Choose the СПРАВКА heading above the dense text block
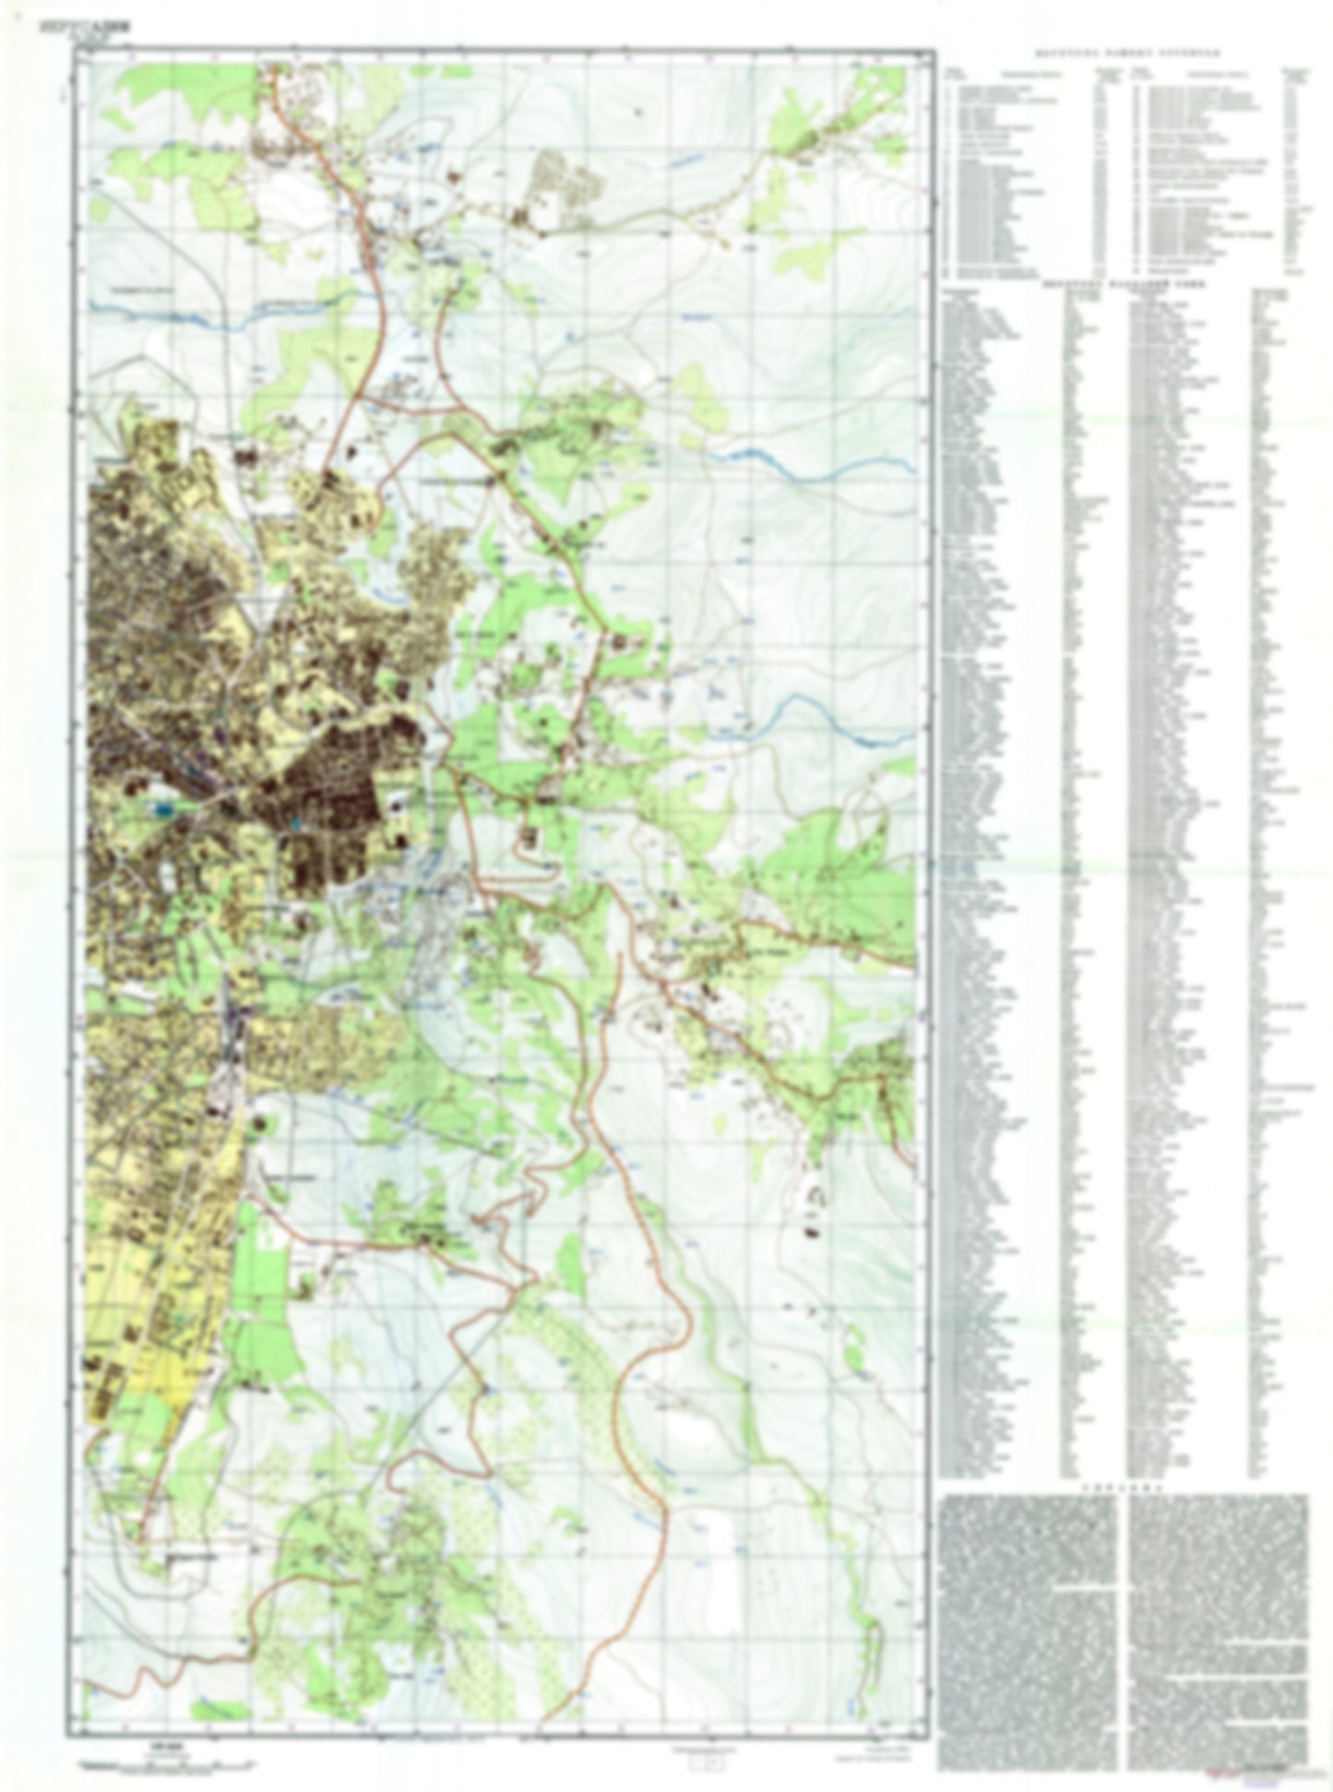1124,1488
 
